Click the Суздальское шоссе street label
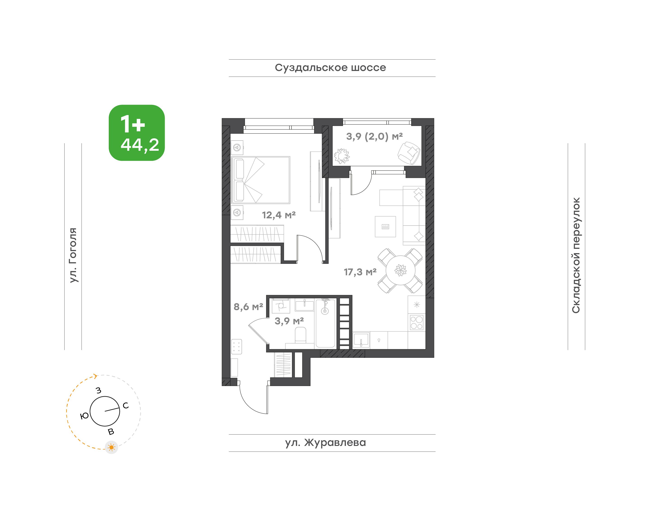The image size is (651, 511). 330,68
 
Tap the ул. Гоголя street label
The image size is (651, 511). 73,255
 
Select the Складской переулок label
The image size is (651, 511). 576,255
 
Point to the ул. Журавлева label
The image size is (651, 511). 325,443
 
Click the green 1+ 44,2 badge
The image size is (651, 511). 137,133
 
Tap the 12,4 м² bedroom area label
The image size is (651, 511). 279,215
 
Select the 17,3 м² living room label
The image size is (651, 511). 360,272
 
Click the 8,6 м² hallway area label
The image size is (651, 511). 248,307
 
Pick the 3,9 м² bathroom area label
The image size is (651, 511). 289,321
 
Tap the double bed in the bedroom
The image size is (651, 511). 261,180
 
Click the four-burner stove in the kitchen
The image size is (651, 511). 416,323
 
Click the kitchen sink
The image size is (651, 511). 361,340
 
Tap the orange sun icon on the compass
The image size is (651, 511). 112,447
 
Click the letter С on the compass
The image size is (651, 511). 126,405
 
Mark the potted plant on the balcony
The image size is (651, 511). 342,156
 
